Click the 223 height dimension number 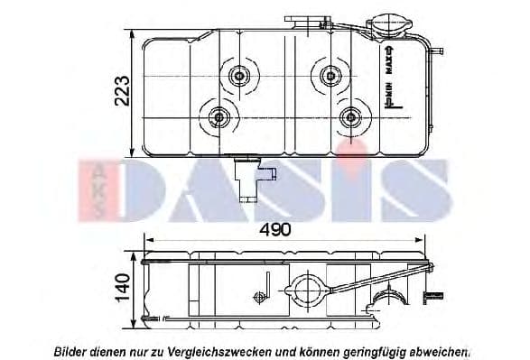point(124,92)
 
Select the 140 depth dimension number point(124,289)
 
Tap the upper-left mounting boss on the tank point(240,76)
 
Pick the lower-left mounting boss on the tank point(219,116)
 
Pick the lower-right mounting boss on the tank point(351,115)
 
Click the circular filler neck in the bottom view point(301,291)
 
